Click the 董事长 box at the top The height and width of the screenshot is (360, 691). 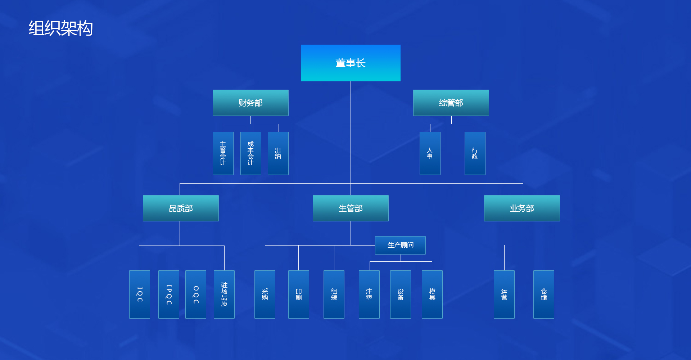click(351, 63)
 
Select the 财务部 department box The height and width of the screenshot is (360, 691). click(250, 103)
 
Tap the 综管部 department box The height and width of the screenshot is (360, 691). click(451, 103)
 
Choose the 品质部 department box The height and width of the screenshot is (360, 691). click(181, 208)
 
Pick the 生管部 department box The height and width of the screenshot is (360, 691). click(351, 208)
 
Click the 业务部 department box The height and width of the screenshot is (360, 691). click(522, 208)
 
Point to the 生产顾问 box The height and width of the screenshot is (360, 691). click(400, 245)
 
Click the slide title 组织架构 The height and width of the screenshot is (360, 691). click(61, 28)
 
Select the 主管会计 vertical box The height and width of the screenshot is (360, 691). click(223, 153)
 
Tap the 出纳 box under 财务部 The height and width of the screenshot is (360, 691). click(278, 153)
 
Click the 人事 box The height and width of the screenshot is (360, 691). click(430, 153)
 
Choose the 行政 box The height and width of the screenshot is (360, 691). click(475, 153)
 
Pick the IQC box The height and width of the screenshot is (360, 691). click(140, 294)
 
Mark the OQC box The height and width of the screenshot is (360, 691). click(196, 294)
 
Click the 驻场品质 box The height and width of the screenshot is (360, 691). click(224, 294)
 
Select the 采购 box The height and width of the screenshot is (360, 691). click(265, 294)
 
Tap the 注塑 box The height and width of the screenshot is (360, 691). click(369, 294)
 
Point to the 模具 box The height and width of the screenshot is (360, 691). click(432, 294)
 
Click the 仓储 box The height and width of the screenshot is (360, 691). click(544, 294)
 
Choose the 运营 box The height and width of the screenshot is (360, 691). click(504, 294)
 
